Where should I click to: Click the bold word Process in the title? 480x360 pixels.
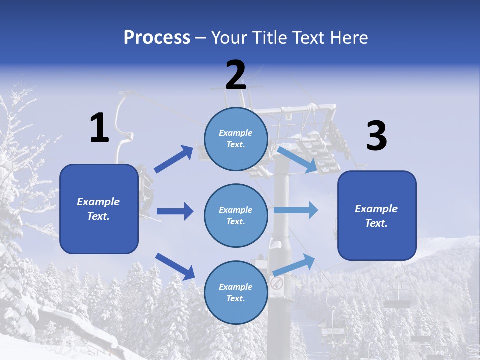[x=157, y=37]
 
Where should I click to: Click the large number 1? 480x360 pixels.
[x=99, y=128]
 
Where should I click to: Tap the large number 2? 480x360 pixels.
[x=236, y=75]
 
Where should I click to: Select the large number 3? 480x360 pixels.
[x=376, y=136]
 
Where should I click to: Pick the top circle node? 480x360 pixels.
[x=236, y=138]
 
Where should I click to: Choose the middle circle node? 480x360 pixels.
[x=236, y=215]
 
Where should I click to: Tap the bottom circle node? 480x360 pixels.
[x=236, y=292]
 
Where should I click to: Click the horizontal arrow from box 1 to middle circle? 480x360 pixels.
[x=175, y=211]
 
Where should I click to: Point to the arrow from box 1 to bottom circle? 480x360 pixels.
[x=175, y=266]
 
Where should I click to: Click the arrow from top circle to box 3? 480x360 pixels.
[x=297, y=159]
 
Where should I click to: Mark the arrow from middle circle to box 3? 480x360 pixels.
[x=296, y=210]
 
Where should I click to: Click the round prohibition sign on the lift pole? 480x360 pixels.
[x=277, y=284]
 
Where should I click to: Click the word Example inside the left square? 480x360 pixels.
[x=98, y=202]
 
